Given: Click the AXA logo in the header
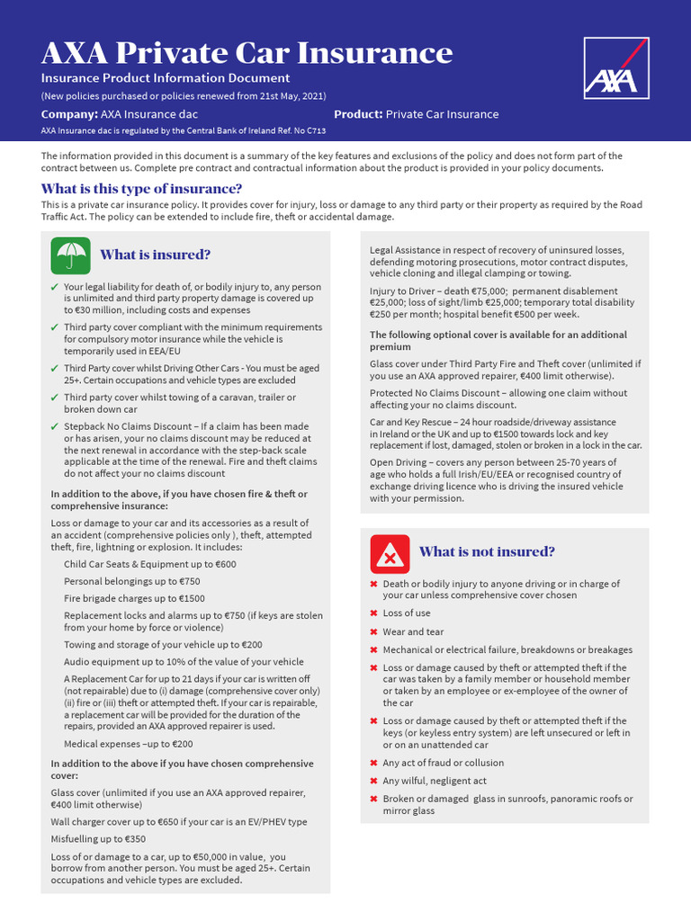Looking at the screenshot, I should [615, 68].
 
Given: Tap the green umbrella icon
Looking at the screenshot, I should [70, 255].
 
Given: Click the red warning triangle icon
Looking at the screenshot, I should [390, 552].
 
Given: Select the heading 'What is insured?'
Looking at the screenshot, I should [155, 255].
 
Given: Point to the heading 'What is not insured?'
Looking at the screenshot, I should [487, 551].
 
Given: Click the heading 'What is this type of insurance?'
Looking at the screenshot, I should [141, 189].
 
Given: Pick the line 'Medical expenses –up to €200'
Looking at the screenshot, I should [128, 744].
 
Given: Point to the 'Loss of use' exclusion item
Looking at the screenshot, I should [406, 613].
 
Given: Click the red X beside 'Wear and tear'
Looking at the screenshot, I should [373, 632].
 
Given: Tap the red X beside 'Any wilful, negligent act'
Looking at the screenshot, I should [373, 782].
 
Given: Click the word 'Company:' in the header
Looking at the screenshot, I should [69, 114].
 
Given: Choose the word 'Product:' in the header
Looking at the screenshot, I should [359, 114].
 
